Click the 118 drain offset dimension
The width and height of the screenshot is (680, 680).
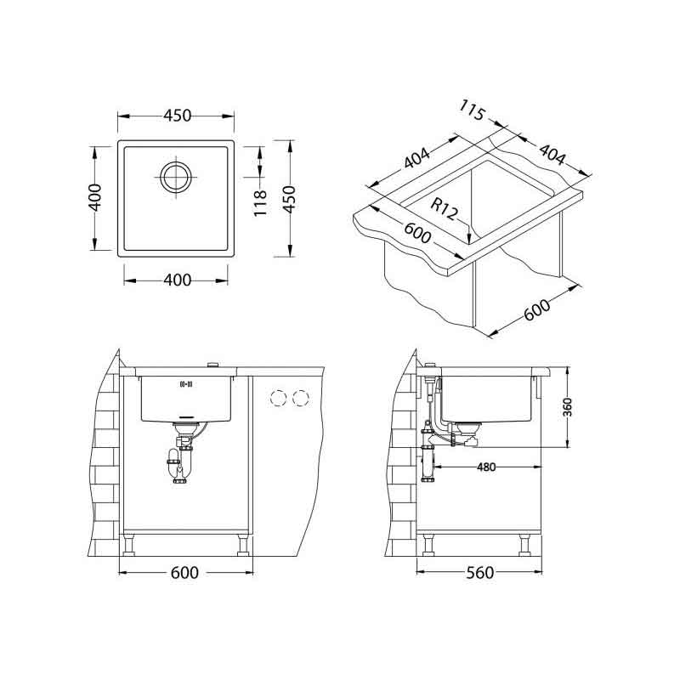(259, 203)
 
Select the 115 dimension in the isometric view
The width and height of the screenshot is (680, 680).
(472, 110)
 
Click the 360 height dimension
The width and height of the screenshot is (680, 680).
(568, 407)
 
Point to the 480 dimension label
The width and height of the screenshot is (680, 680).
(485, 467)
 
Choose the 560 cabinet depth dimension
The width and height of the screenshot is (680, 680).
(480, 573)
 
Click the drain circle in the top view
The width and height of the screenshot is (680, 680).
(176, 177)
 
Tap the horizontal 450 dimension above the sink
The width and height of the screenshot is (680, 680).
(177, 116)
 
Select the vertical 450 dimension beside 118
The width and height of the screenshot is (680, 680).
(289, 199)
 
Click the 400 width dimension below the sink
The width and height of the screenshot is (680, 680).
(178, 280)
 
